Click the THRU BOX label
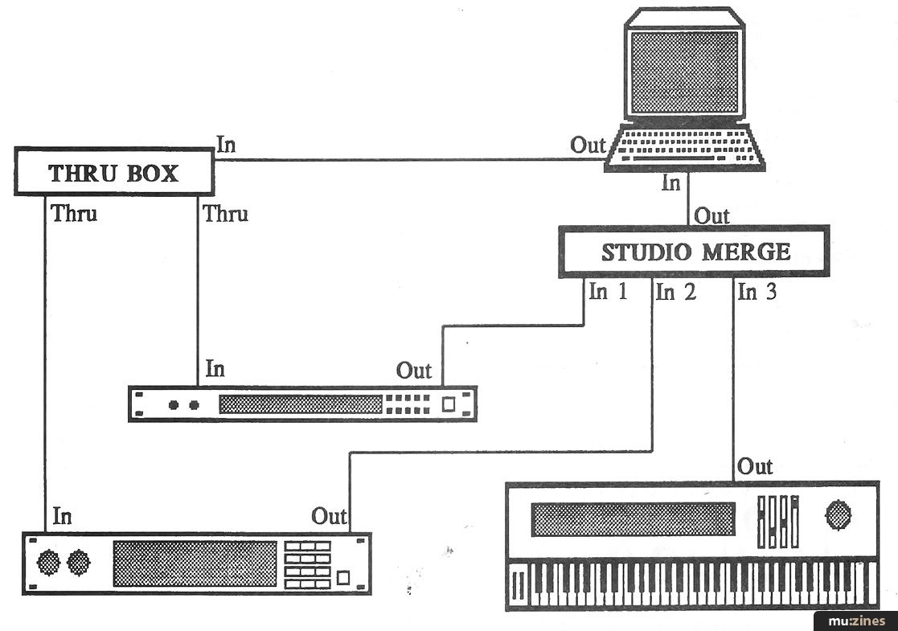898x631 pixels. click(113, 173)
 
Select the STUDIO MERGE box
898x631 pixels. click(695, 252)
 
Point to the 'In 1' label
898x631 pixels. click(608, 292)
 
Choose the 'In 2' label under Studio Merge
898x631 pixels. click(675, 292)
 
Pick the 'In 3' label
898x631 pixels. click(757, 292)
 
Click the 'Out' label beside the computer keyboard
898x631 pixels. click(588, 145)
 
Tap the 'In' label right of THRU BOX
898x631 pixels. click(226, 145)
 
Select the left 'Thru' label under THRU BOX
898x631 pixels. click(74, 214)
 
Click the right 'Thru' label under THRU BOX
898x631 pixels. click(225, 214)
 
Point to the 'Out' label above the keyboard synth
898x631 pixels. click(755, 466)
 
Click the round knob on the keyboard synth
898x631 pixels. click(839, 514)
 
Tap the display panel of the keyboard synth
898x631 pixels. click(633, 519)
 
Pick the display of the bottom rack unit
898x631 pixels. click(195, 563)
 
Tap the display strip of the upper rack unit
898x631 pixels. click(300, 404)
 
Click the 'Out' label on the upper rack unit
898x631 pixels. click(414, 371)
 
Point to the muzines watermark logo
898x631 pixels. click(855, 621)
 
